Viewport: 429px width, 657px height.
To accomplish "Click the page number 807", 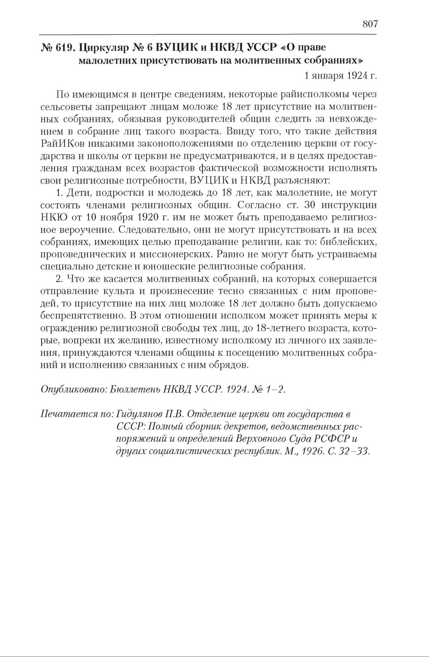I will point(370,24).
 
